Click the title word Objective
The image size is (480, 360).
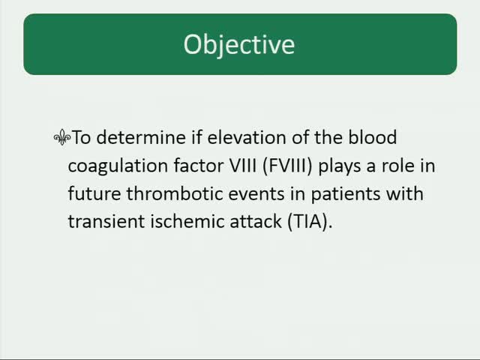[x=239, y=44]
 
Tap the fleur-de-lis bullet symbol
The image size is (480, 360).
[x=61, y=138]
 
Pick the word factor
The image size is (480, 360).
[x=198, y=166]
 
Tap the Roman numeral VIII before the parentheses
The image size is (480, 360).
[x=244, y=166]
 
